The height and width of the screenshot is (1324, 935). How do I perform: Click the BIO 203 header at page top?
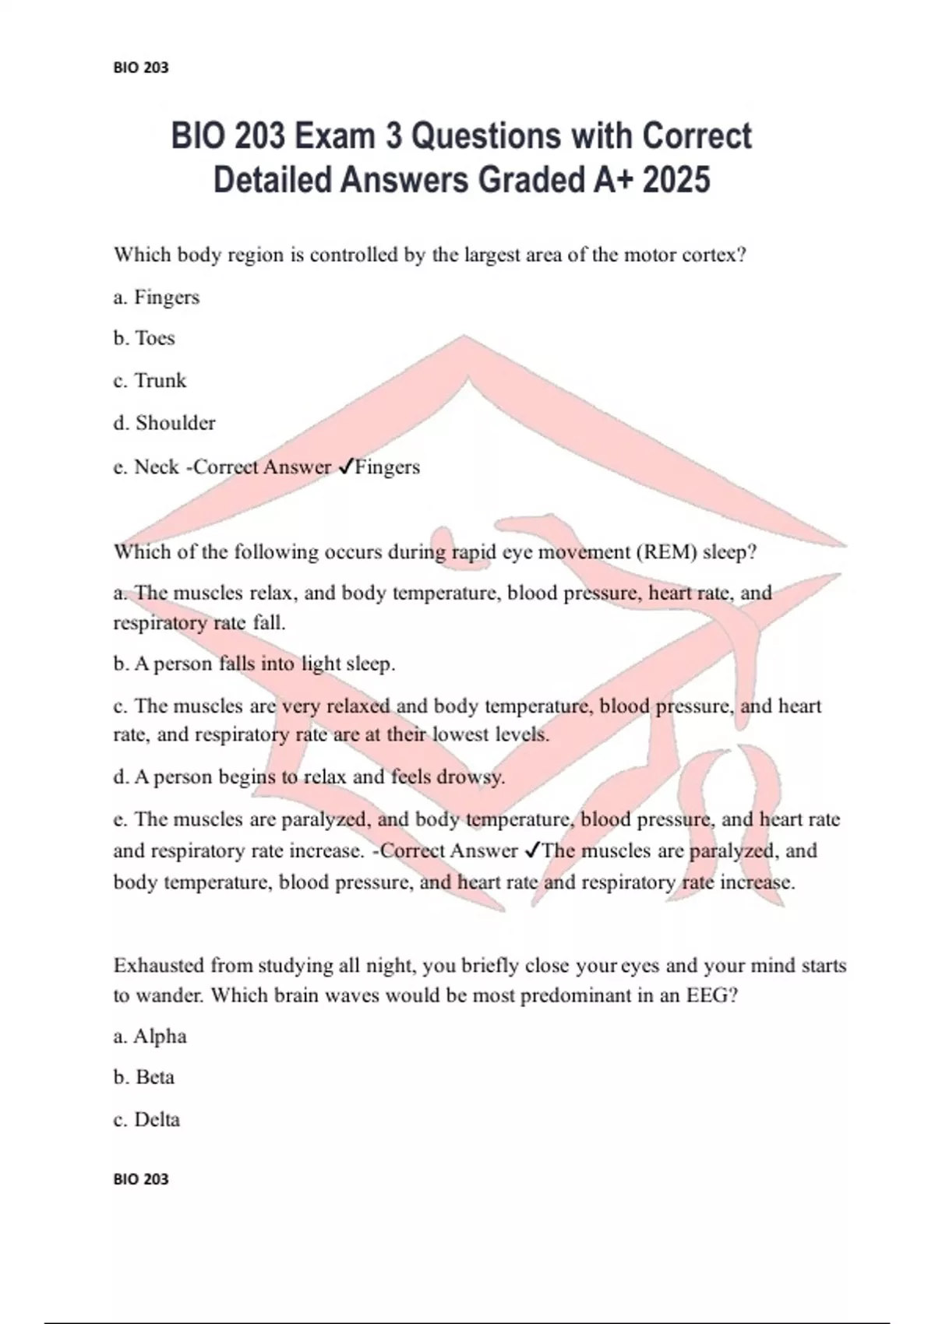(x=140, y=68)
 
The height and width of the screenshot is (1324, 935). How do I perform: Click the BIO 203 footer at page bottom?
(x=140, y=1179)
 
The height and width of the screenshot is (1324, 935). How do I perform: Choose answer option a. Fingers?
(x=157, y=298)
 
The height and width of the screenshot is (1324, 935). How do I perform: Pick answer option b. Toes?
(x=144, y=339)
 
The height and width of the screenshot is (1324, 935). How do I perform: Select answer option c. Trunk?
(x=150, y=381)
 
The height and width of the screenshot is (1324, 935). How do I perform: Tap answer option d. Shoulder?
(x=164, y=423)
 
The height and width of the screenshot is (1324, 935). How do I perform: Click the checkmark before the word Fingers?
(x=345, y=467)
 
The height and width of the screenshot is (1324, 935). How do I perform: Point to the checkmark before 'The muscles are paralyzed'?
(x=532, y=850)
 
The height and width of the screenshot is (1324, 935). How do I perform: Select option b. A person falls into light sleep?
(x=254, y=664)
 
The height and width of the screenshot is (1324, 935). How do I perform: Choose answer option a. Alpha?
(x=150, y=1037)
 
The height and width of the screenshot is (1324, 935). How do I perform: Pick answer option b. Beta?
(x=144, y=1078)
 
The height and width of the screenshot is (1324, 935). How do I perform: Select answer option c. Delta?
(x=146, y=1120)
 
